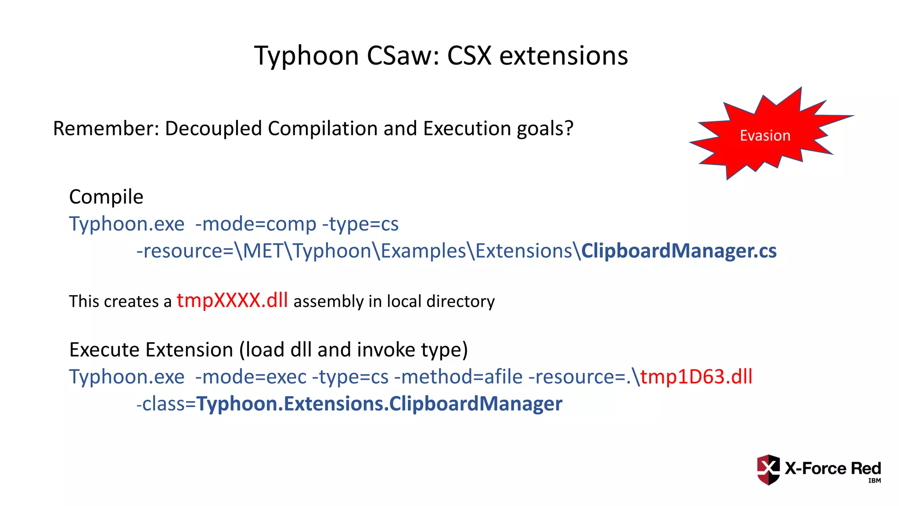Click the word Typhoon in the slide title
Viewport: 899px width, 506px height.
[306, 56]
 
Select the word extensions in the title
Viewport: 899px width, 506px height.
[564, 56]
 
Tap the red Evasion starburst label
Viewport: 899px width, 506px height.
[765, 135]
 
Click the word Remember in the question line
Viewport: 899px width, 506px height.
[105, 129]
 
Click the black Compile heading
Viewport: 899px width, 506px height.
[106, 197]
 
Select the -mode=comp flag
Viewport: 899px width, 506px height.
[255, 224]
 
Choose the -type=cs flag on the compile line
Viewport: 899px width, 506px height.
[360, 224]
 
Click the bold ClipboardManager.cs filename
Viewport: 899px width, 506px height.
[679, 251]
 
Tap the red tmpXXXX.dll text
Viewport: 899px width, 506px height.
[232, 300]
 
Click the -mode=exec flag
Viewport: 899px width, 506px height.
[251, 377]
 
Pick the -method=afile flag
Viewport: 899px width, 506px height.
[458, 377]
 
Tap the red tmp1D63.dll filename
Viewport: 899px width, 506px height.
[696, 377]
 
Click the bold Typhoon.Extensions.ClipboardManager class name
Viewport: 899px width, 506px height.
[379, 404]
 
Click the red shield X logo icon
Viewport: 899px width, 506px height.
[768, 470]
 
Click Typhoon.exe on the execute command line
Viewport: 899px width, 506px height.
[127, 377]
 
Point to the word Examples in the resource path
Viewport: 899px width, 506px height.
[423, 251]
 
